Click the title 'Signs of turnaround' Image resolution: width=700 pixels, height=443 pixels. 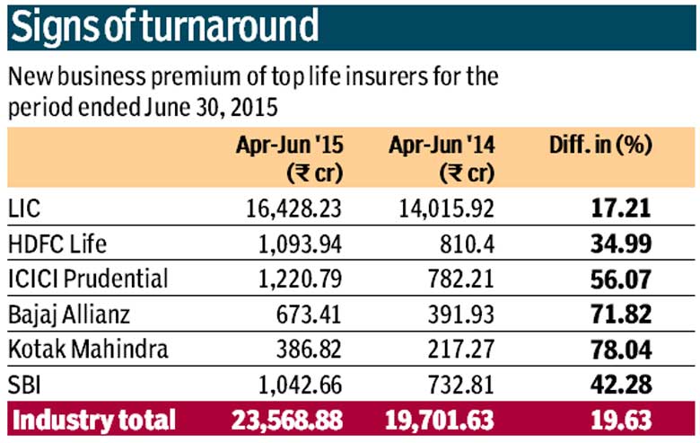click(165, 27)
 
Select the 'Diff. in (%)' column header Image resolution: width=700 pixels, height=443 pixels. click(600, 146)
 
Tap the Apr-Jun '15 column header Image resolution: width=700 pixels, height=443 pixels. click(290, 159)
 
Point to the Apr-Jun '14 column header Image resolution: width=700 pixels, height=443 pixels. click(442, 159)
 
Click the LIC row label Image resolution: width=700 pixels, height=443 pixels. click(24, 208)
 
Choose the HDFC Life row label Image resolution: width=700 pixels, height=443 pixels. click(57, 244)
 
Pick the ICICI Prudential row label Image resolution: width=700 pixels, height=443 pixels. click(88, 279)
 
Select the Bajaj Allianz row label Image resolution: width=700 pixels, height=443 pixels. click(69, 315)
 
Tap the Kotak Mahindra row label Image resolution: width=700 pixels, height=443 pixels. click(88, 350)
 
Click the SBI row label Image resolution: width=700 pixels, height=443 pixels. click(24, 385)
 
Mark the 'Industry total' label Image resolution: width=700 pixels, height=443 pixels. click(93, 421)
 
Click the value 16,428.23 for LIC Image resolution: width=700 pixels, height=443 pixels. click(293, 208)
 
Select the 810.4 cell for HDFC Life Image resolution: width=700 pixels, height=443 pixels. click(467, 244)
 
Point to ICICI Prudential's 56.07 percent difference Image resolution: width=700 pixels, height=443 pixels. click(621, 279)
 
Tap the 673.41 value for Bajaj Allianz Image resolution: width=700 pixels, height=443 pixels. click(309, 315)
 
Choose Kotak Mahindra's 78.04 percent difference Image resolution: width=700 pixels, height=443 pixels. click(621, 350)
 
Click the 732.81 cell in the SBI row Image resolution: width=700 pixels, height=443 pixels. click(461, 385)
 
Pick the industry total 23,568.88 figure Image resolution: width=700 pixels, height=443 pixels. click(287, 421)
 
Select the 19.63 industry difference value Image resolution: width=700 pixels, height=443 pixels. click(621, 421)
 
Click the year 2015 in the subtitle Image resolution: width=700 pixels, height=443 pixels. click(255, 107)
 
